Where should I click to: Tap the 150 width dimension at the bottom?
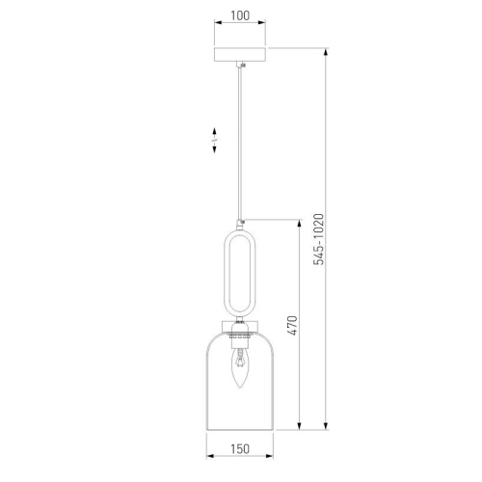[x=240, y=449]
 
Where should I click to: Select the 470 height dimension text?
[x=292, y=333]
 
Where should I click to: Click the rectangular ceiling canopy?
[x=240, y=54]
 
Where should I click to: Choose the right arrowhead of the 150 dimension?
[x=270, y=461]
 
